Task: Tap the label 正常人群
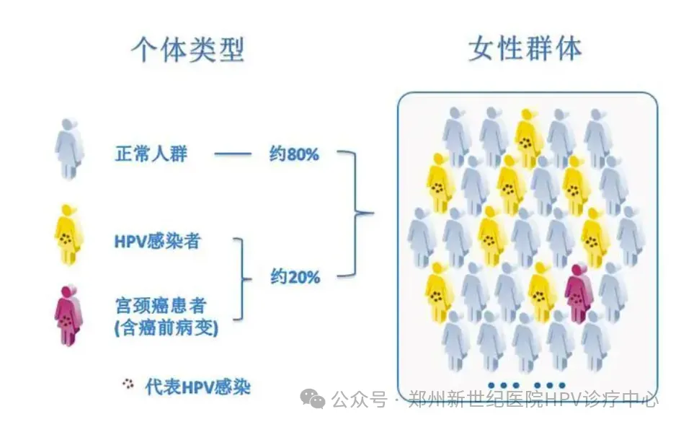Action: (x=151, y=154)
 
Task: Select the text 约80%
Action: (x=294, y=154)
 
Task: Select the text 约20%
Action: (x=295, y=277)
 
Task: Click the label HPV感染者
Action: (x=157, y=242)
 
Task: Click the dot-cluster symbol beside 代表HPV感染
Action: (x=129, y=385)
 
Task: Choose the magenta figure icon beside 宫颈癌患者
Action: (x=69, y=314)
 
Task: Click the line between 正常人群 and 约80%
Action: (x=233, y=154)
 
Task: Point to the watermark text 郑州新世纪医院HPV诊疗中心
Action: (x=533, y=400)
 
